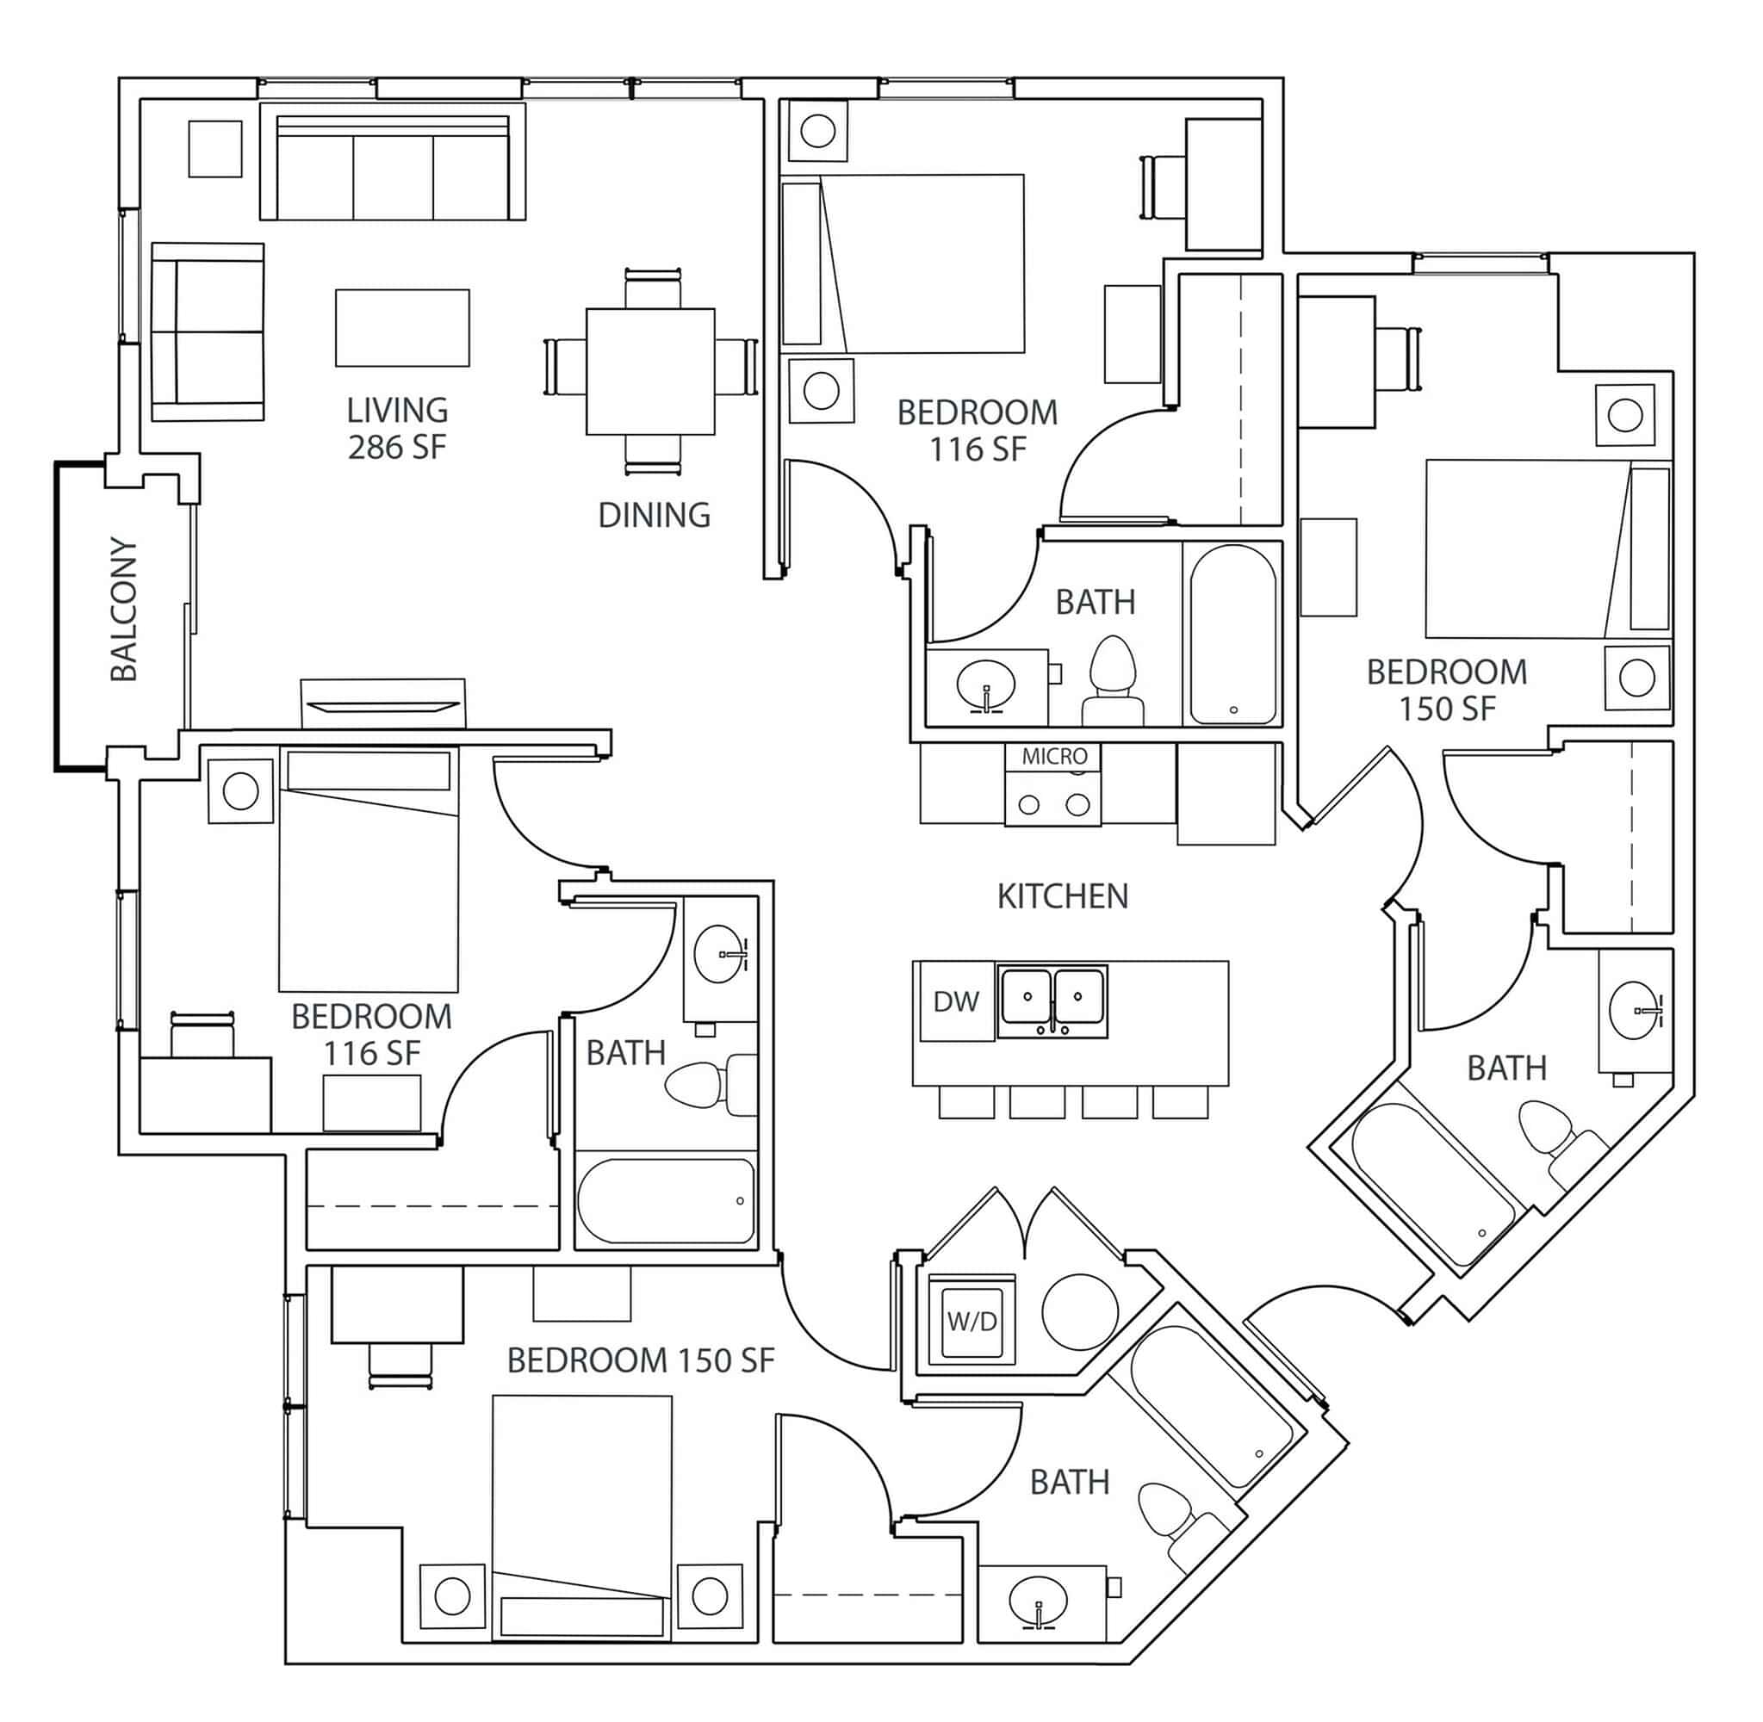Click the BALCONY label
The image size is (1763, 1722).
coord(123,610)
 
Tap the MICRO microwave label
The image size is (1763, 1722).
coord(1054,756)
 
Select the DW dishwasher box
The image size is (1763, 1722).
coord(956,1001)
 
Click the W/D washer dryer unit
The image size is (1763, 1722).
coord(972,1322)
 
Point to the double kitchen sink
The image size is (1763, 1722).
coord(1052,1000)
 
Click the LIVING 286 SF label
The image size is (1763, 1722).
coord(397,428)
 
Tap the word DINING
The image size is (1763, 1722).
coord(654,515)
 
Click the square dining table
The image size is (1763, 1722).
coord(650,371)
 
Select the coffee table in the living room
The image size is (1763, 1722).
coord(402,327)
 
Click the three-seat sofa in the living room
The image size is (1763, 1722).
coord(393,163)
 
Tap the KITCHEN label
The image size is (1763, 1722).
coord(1062,896)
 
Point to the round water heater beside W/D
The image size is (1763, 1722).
coord(1080,1311)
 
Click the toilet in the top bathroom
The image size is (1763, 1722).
coord(1113,678)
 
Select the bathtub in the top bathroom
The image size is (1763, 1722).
coord(1233,633)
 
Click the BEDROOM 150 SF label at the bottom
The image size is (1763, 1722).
coord(641,1360)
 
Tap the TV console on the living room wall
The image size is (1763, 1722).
coord(382,704)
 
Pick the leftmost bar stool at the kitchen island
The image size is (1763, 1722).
coord(966,1101)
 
